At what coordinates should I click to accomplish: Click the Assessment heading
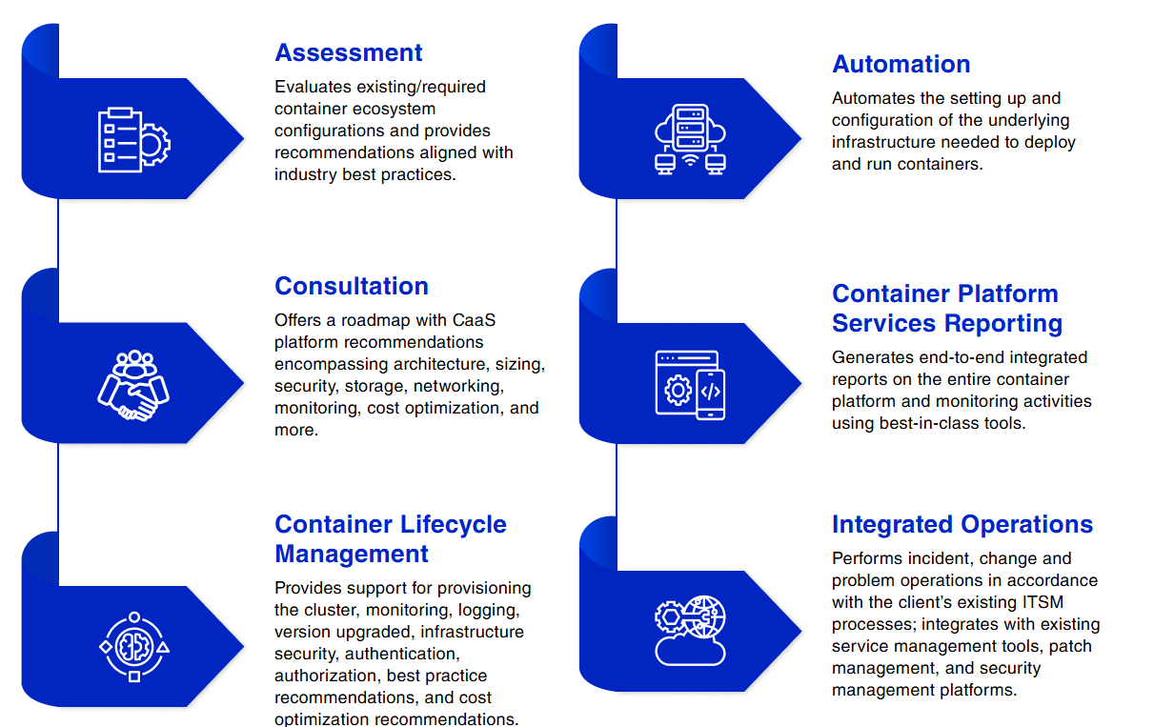(348, 52)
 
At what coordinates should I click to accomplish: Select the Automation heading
(901, 64)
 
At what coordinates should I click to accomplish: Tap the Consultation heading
(351, 286)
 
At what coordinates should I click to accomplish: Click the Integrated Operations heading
(961, 524)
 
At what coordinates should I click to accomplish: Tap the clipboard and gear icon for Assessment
(134, 140)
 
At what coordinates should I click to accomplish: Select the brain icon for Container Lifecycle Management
(134, 647)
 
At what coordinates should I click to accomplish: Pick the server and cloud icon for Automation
(691, 139)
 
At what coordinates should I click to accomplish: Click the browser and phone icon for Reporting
(690, 384)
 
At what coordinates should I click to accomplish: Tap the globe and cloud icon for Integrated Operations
(691, 630)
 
